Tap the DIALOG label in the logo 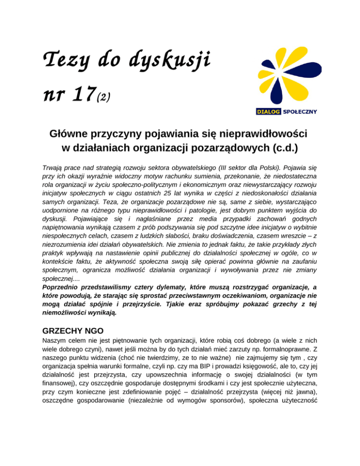(x=269, y=112)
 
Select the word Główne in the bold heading (x=70, y=135)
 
